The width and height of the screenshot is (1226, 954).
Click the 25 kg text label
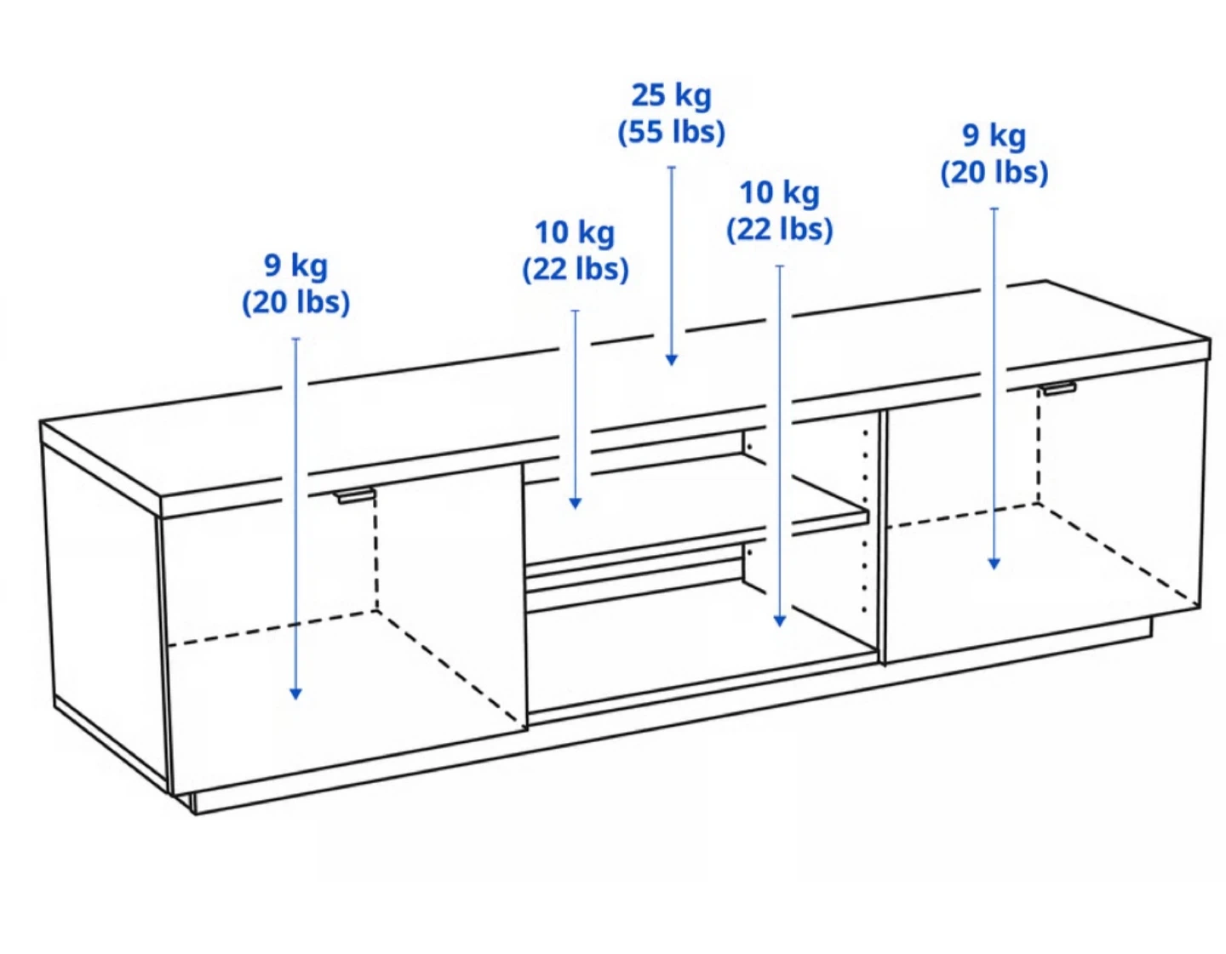point(671,96)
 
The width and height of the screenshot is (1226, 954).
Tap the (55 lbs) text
point(671,133)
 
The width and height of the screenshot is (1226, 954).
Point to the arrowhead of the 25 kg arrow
point(671,360)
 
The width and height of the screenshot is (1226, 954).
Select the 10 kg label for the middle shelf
point(575,233)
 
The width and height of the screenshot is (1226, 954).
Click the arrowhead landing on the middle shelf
point(575,504)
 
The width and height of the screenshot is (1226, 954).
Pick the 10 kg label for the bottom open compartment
point(779,193)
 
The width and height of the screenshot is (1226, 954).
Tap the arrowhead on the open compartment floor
point(780,620)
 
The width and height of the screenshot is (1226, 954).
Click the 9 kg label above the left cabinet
point(295,266)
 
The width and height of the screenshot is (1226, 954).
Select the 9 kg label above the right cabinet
point(994,136)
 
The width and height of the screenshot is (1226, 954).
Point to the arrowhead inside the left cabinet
point(295,694)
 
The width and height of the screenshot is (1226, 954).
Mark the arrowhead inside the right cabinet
point(994,563)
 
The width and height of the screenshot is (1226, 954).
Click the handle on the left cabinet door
point(354,495)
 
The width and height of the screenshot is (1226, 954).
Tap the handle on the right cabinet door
point(1058,388)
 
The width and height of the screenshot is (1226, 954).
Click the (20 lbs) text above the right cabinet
point(994,173)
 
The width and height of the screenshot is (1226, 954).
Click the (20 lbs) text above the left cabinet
point(295,303)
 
